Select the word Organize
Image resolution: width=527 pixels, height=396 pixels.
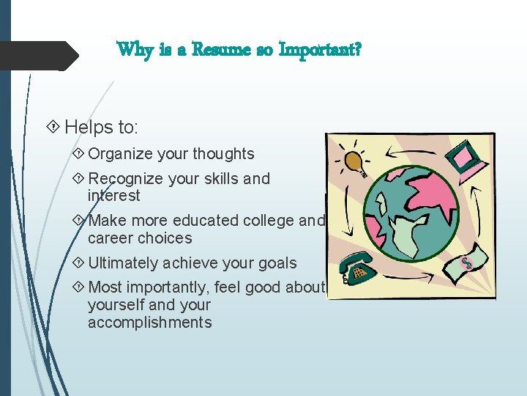[121, 154]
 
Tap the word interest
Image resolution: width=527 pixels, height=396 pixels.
[113, 196]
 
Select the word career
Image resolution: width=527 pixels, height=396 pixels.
[108, 238]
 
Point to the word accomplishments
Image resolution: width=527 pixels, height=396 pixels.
[149, 323]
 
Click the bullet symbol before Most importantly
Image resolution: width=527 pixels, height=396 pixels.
[79, 287]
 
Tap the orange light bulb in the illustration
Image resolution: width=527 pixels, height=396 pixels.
[354, 161]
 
